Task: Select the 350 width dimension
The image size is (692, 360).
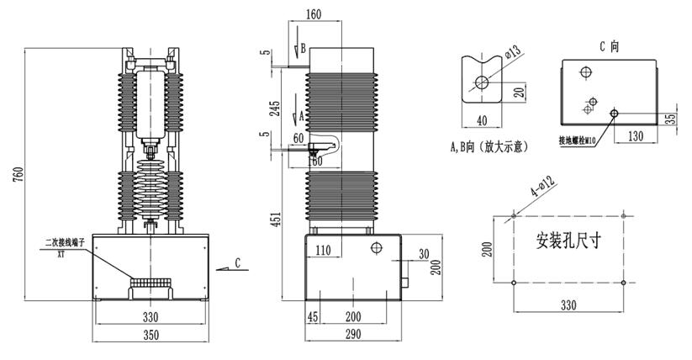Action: [150, 336]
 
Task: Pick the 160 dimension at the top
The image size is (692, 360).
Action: [313, 14]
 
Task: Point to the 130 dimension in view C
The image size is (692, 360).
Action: [636, 135]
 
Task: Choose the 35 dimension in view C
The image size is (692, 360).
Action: [670, 118]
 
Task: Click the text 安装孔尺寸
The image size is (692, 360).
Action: [568, 239]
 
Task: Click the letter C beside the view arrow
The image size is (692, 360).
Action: [238, 263]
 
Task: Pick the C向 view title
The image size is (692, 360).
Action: [609, 47]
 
